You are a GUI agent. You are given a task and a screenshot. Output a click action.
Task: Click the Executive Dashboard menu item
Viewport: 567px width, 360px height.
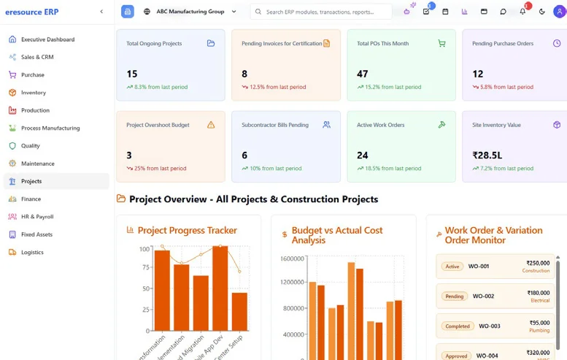(47, 39)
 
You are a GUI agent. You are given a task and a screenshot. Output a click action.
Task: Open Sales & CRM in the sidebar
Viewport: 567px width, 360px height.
(37, 57)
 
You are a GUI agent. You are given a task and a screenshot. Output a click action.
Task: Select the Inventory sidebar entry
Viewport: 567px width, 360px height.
(34, 93)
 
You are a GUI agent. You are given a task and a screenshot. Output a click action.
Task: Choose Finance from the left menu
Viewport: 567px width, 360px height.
(31, 199)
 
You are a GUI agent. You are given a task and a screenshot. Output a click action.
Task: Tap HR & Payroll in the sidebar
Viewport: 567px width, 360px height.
(37, 217)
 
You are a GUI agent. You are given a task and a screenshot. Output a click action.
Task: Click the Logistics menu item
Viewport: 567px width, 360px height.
(32, 252)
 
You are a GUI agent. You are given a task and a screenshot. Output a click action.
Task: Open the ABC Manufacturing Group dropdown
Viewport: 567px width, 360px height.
(190, 12)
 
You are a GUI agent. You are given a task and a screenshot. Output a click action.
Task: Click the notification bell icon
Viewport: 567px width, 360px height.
(522, 12)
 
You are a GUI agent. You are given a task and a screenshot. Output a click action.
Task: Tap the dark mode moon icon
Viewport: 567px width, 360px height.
(541, 12)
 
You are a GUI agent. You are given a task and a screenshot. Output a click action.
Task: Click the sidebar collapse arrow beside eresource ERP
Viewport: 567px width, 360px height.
(101, 12)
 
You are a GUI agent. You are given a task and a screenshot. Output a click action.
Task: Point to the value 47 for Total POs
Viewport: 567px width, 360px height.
(363, 74)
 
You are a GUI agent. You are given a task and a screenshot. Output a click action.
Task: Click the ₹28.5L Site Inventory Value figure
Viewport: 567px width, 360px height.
(488, 155)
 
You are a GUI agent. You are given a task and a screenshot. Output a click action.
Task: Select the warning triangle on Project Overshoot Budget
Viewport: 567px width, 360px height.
(211, 125)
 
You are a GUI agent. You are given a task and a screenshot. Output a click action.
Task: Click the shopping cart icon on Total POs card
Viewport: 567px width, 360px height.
(441, 43)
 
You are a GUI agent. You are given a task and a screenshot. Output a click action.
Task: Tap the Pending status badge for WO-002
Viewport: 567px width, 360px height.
(455, 296)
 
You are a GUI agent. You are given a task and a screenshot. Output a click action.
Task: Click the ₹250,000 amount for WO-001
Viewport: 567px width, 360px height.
(538, 263)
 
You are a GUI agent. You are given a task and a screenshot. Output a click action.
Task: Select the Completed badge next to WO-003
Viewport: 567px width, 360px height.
(458, 326)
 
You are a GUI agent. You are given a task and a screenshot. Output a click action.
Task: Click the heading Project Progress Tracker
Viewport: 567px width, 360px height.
(187, 231)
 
